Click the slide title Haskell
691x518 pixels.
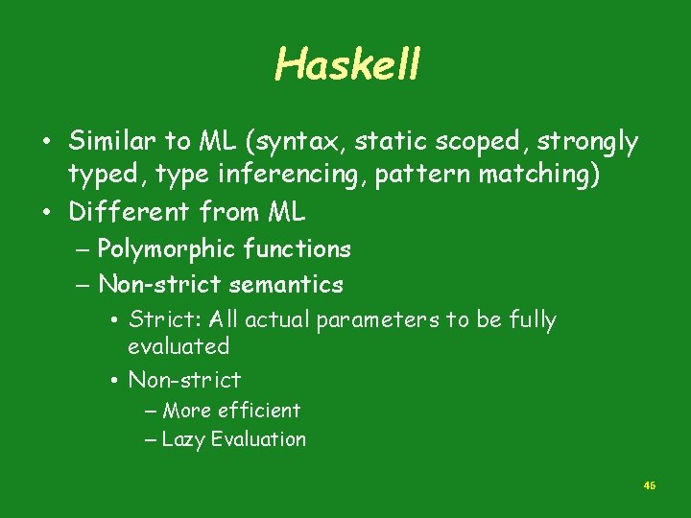(347, 64)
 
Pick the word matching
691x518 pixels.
(546, 177)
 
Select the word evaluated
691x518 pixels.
(179, 345)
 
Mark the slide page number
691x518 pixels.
(649, 486)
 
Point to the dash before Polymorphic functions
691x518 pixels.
(83, 250)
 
